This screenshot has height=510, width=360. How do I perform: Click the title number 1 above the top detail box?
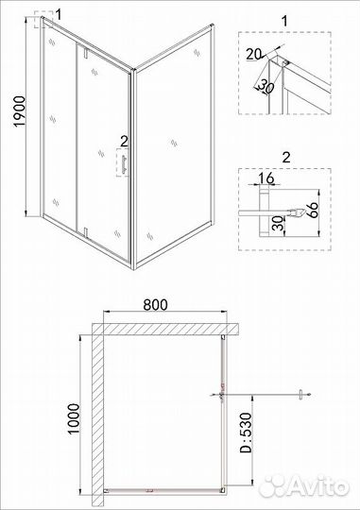coord(285,19)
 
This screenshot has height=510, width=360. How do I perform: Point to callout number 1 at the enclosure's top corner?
coord(59,12)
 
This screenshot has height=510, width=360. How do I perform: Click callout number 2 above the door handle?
coord(121,143)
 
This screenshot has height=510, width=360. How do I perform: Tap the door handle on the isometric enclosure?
coord(121,163)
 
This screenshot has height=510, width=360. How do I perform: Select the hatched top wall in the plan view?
coord(161,327)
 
